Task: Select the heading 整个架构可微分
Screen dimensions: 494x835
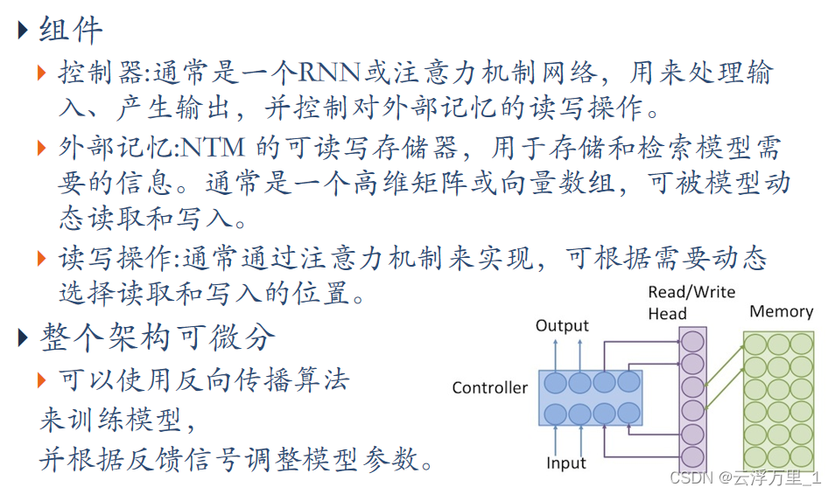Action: (x=158, y=337)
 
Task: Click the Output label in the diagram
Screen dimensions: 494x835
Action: (x=562, y=326)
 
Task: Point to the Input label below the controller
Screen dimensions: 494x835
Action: (x=565, y=463)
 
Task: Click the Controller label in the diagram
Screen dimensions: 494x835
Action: (x=489, y=387)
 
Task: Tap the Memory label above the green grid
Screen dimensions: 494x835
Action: (x=781, y=311)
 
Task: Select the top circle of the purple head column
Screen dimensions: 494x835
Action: (x=692, y=342)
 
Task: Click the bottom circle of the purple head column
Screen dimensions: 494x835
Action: (x=692, y=456)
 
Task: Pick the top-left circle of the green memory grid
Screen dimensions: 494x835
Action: (x=755, y=344)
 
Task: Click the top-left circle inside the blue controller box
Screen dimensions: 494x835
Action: (x=555, y=383)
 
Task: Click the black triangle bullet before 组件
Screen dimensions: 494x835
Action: (x=24, y=31)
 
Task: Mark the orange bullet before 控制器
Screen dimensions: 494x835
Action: (x=42, y=73)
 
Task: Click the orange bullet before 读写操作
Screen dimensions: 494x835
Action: (x=42, y=258)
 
